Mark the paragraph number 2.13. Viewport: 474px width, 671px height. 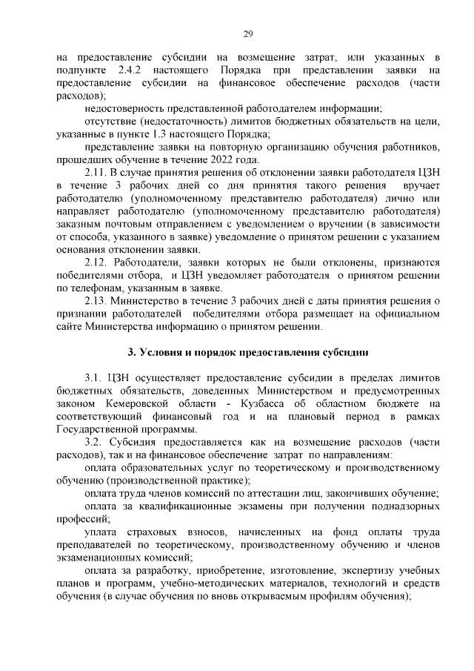click(x=98, y=300)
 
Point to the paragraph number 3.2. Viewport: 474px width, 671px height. click(x=95, y=442)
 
